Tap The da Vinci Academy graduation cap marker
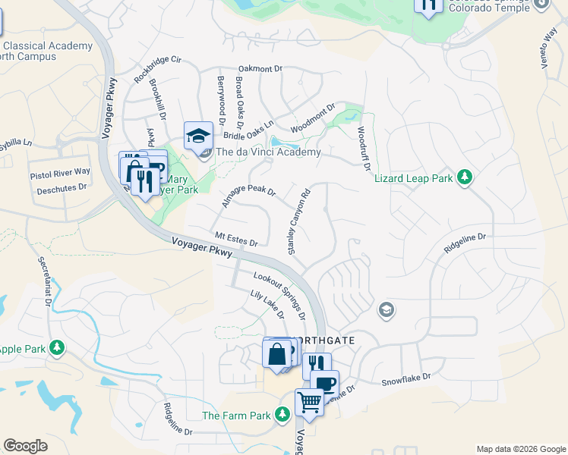pyautogui.click(x=199, y=136)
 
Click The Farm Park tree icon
pyautogui.click(x=282, y=415)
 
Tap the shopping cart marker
pyautogui.click(x=309, y=401)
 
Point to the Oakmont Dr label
pyautogui.click(x=260, y=69)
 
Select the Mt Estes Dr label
pyautogui.click(x=236, y=239)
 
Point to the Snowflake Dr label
pyautogui.click(x=405, y=377)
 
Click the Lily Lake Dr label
pyautogui.click(x=267, y=304)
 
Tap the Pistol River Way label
pyautogui.click(x=60, y=174)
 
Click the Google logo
pyautogui.click(x=25, y=445)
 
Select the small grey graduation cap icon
pyautogui.click(x=386, y=309)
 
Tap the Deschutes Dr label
pyautogui.click(x=62, y=187)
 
